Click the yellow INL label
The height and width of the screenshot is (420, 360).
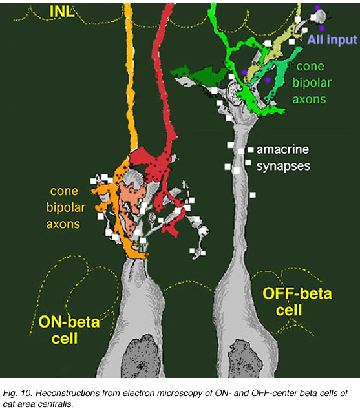(x=62, y=12)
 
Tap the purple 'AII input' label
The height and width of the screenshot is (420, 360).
(x=332, y=39)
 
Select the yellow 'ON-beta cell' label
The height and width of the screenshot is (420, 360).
(x=69, y=330)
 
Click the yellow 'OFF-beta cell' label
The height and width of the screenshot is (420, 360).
(x=297, y=302)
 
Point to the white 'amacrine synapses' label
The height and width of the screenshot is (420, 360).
(x=283, y=158)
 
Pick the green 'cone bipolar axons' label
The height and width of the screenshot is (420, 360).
(x=312, y=83)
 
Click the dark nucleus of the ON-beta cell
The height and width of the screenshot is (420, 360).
(x=141, y=356)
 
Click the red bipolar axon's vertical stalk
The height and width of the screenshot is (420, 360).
(x=162, y=75)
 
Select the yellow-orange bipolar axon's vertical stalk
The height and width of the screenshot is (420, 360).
(x=131, y=78)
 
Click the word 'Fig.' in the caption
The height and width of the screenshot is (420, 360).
(x=10, y=394)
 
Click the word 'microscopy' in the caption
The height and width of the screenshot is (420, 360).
(x=184, y=394)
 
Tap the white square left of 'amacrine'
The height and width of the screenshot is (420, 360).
(x=250, y=150)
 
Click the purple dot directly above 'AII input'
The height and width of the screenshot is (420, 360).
(x=322, y=28)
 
